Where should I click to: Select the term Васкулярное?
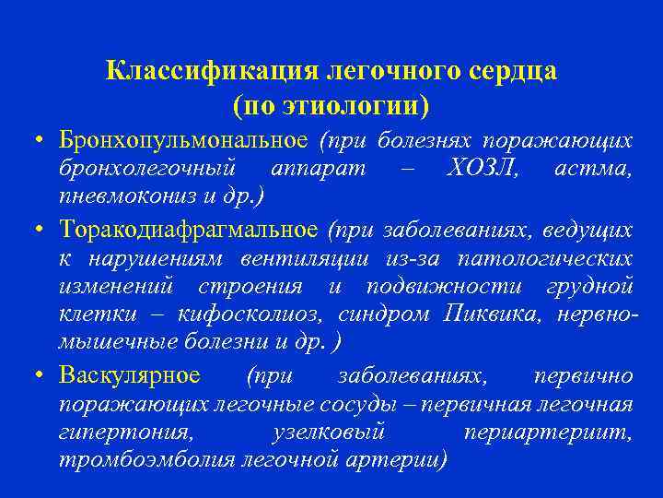[x=129, y=375]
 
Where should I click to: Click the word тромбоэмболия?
[x=135, y=459]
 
